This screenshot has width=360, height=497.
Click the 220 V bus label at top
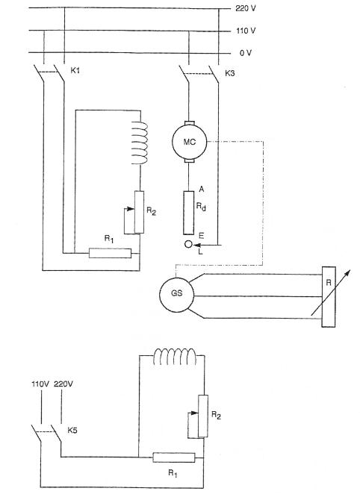(246, 8)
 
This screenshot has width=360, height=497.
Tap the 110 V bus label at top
(246, 31)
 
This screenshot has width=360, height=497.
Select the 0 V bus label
(246, 53)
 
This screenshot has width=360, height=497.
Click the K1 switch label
(75, 70)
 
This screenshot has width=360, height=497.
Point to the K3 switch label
(229, 73)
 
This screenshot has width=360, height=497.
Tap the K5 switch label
(72, 430)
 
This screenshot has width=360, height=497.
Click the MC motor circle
(190, 142)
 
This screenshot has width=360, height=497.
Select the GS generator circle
(176, 295)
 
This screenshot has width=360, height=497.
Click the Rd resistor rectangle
(189, 213)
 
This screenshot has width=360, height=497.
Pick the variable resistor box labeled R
(329, 297)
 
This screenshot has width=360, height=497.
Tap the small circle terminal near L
(188, 244)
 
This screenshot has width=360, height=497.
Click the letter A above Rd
(201, 190)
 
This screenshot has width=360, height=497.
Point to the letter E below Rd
(201, 236)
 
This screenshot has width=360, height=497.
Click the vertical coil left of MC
(140, 143)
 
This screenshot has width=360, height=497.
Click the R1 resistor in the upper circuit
(110, 253)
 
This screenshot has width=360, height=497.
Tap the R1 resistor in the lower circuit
(174, 457)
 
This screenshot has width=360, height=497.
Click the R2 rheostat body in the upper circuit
(139, 212)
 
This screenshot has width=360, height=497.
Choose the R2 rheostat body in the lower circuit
(203, 416)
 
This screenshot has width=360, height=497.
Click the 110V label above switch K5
(40, 384)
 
